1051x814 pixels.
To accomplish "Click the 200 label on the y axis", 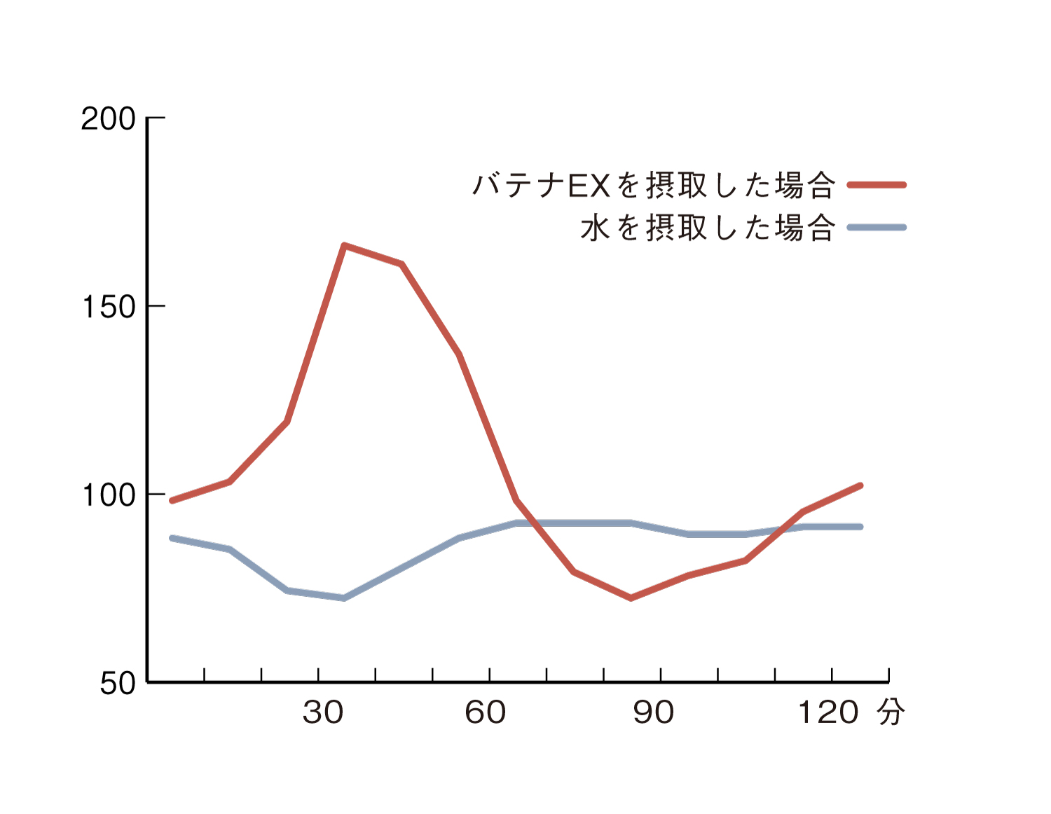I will [108, 119].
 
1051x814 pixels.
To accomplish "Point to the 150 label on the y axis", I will [109, 307].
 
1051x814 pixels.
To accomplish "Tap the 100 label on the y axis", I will [109, 495].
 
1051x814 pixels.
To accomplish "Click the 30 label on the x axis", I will [323, 712].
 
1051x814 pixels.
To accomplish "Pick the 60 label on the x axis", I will [485, 712].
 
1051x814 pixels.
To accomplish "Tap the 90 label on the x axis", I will [654, 712].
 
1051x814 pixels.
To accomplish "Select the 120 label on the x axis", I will [828, 712].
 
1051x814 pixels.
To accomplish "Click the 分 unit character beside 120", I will [891, 712].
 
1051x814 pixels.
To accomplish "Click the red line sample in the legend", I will [877, 185].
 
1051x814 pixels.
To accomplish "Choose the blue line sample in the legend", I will [877, 228].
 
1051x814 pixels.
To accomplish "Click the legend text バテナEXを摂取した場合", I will [654, 186].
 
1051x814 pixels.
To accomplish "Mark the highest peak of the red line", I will [344, 245].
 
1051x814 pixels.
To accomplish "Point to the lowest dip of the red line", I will [631, 598].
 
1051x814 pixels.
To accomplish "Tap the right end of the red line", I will [860, 485].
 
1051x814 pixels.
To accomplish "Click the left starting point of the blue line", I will [172, 538].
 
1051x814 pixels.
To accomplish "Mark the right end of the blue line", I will [860, 526].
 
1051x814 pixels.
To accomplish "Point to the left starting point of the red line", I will [172, 500].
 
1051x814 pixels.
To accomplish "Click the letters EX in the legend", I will [589, 186].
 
